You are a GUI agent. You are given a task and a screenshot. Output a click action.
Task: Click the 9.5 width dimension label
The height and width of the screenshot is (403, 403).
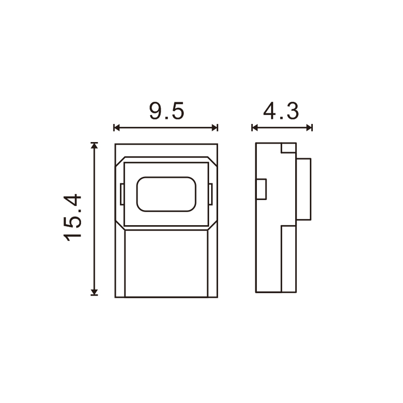pos(167,111)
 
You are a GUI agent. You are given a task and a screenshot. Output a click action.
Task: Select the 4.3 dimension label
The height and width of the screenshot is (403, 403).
pos(281,111)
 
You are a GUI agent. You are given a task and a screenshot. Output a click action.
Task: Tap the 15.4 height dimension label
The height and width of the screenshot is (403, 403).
pos(73,218)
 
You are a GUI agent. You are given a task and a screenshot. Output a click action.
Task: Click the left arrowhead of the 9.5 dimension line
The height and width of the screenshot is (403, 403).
pos(117,127)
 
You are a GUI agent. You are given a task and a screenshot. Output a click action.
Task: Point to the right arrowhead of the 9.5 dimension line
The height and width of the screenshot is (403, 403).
pos(215,127)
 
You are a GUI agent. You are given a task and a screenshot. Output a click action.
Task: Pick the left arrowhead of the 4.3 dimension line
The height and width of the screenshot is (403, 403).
pos(255,127)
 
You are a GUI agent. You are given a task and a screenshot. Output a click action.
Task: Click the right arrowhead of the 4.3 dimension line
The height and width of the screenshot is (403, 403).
pos(309,127)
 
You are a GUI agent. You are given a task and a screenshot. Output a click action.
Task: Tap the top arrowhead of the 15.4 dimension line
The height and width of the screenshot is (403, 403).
pos(94,146)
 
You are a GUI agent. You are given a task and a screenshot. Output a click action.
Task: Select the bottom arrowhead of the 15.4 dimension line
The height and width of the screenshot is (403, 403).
pos(94,292)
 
